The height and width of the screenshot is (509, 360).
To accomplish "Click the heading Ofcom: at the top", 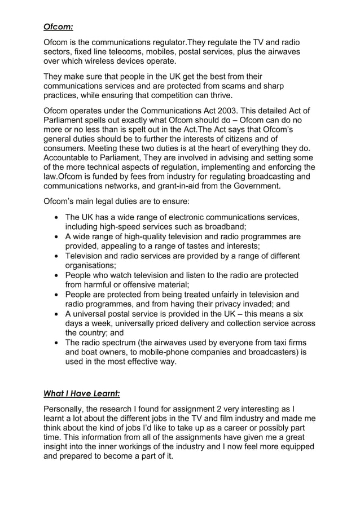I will click(59, 26).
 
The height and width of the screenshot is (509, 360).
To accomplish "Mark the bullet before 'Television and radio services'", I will click(56, 256).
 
